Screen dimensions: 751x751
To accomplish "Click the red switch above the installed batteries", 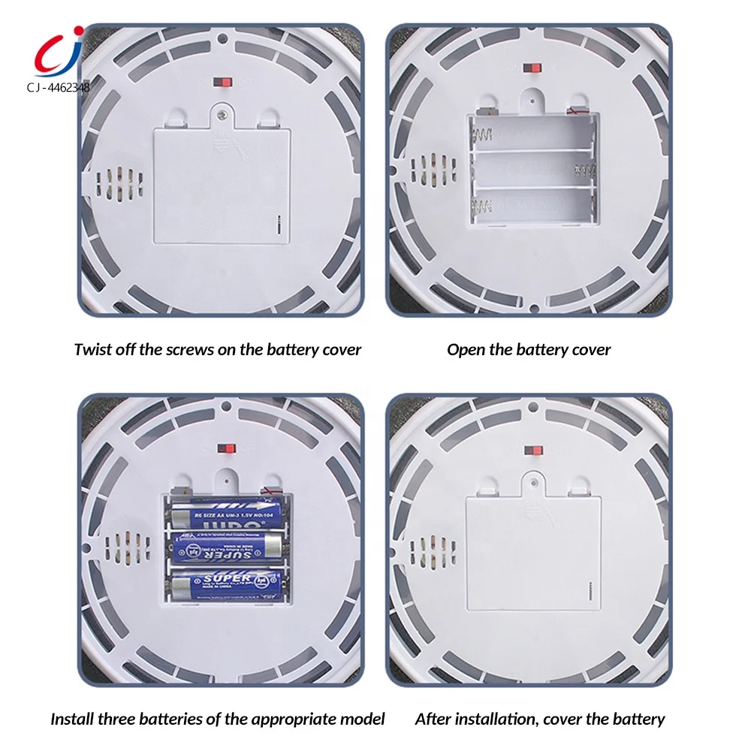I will (x=224, y=448).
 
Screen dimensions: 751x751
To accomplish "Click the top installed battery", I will (x=225, y=515).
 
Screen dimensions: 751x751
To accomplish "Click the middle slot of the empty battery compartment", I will (x=533, y=169).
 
